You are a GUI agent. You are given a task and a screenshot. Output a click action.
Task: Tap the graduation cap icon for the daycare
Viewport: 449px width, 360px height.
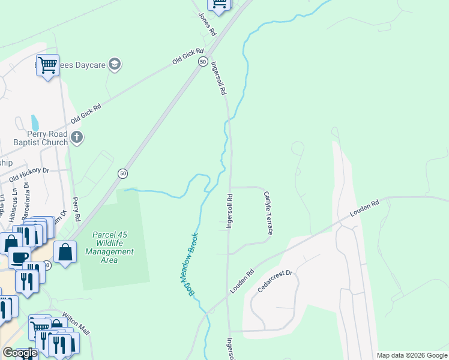click(x=115, y=64)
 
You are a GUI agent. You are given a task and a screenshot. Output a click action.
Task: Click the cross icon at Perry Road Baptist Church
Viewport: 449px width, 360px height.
click(x=76, y=138)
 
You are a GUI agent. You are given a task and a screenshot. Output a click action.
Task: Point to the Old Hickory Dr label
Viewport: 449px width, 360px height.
click(x=28, y=175)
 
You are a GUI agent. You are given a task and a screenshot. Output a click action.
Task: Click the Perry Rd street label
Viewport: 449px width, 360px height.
click(x=76, y=209)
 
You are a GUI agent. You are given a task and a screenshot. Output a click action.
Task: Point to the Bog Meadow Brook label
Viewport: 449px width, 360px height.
click(x=187, y=265)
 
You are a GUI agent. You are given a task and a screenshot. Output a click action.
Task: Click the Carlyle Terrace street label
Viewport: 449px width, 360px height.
click(x=268, y=213)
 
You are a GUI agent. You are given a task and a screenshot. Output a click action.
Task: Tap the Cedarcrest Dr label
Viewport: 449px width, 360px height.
click(x=274, y=281)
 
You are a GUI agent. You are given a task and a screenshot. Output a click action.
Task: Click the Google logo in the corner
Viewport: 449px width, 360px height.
click(x=19, y=353)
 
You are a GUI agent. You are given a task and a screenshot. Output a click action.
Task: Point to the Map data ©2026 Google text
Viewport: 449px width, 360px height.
click(x=411, y=355)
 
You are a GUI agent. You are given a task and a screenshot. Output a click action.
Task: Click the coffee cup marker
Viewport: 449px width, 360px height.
click(x=19, y=256)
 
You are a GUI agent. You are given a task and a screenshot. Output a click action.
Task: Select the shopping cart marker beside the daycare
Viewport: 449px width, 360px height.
click(x=47, y=64)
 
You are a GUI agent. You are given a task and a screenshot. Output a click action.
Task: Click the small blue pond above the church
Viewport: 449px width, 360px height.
click(x=35, y=122)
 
